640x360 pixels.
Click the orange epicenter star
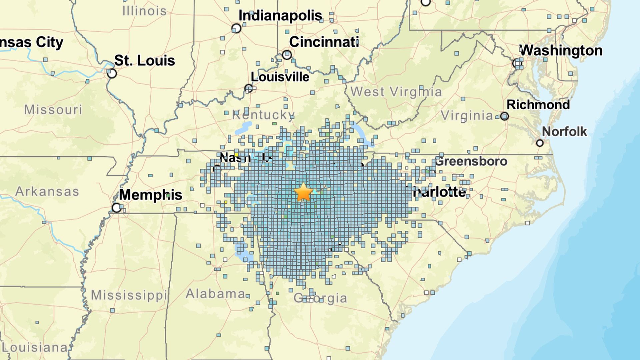coord(303,192)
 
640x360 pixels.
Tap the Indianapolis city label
coord(280,15)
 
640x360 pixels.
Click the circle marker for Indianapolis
coord(236,28)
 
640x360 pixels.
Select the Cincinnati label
coord(324,42)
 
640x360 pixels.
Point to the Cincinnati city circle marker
coord(287,55)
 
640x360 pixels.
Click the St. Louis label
coord(144,61)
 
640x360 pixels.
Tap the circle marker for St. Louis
coord(112,73)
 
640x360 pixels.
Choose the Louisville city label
coord(280,77)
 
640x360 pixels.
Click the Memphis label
coord(150,195)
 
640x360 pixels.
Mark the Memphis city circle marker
coord(116,208)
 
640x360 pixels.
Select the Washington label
coord(561,51)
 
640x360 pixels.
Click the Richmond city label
coord(538,105)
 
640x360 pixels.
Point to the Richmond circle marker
coord(505,116)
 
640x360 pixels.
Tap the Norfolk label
coord(564,132)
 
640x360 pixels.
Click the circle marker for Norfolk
coord(540,143)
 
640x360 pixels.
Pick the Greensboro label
coord(471,161)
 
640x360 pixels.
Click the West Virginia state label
coord(396,92)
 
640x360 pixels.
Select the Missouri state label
coord(53,110)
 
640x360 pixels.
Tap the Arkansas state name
coord(47,191)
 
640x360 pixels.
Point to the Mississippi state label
coord(129,295)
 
